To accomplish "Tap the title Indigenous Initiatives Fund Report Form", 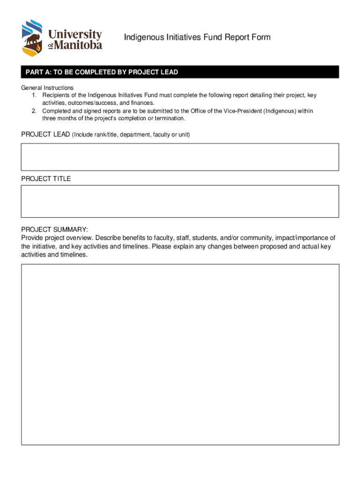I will [x=197, y=37].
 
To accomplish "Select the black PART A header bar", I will [x=180, y=72].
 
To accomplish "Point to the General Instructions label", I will [x=47, y=88].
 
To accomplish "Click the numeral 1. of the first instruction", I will [x=34, y=95].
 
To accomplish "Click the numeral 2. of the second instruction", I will [x=34, y=111].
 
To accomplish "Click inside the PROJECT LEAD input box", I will [x=180, y=157].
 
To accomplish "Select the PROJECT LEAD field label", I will [x=45, y=135].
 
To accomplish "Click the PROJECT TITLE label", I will [x=46, y=179].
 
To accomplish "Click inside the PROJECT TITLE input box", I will [x=180, y=201].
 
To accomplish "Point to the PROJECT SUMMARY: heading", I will [x=54, y=229].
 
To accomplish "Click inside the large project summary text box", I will [x=180, y=354].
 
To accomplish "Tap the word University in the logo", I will [x=75, y=34].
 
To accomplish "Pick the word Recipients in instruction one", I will [x=57, y=95].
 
